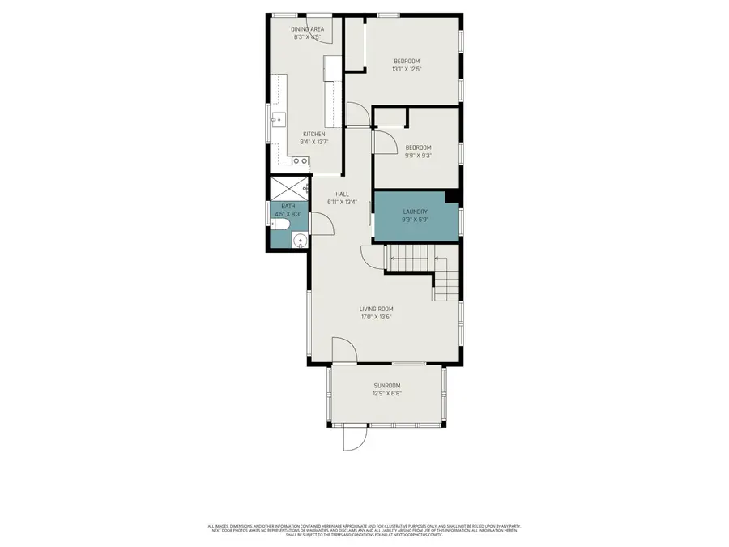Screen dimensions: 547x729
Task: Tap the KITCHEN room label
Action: [x=314, y=134]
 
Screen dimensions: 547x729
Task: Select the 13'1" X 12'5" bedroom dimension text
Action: [x=407, y=69]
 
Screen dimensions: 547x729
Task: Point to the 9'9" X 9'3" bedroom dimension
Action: [x=417, y=156]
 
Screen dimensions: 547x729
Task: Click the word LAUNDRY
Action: [x=415, y=212]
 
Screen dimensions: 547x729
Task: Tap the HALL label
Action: [x=343, y=194]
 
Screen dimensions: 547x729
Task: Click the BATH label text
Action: [x=288, y=207]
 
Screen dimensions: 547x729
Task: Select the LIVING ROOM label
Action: [x=377, y=309]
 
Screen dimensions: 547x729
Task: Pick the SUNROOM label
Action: [x=386, y=386]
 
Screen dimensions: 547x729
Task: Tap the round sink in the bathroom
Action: [x=300, y=241]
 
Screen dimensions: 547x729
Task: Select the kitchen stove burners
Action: [x=300, y=161]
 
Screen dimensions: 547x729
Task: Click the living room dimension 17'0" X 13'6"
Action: [x=377, y=317]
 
